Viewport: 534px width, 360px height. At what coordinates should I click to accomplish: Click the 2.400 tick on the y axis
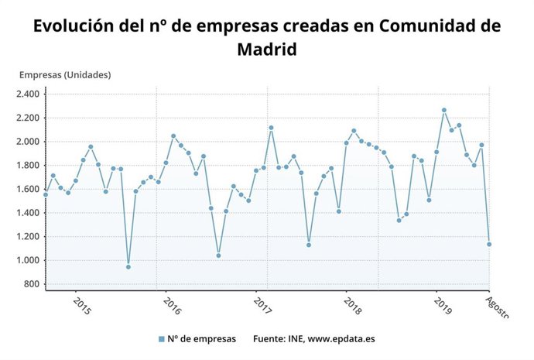pyautogui.click(x=27, y=94)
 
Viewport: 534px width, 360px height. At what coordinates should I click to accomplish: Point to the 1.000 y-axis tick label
pyautogui.click(x=27, y=260)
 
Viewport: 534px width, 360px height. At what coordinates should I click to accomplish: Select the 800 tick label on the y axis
pyautogui.click(x=32, y=284)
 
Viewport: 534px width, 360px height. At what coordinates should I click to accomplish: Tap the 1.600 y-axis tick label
pyautogui.click(x=27, y=189)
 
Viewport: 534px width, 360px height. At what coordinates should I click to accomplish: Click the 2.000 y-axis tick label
pyautogui.click(x=27, y=142)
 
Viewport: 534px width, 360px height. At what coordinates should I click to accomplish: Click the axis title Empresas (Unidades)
pyautogui.click(x=65, y=75)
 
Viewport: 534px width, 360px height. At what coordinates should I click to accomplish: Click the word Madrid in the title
pyautogui.click(x=267, y=49)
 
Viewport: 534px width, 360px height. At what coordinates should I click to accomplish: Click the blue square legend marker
pyautogui.click(x=161, y=339)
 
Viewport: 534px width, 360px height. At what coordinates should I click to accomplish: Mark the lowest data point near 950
pyautogui.click(x=128, y=267)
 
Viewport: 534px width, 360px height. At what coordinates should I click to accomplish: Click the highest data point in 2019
pyautogui.click(x=444, y=110)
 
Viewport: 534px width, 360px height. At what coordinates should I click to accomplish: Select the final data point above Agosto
pyautogui.click(x=489, y=245)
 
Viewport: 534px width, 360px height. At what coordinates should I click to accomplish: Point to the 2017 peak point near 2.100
pyautogui.click(x=271, y=128)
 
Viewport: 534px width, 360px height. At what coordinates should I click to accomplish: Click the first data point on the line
pyautogui.click(x=46, y=194)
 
